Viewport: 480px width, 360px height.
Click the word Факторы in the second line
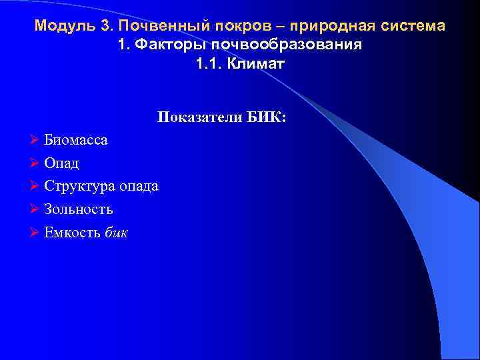(x=165, y=46)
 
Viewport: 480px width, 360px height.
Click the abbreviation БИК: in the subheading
(x=266, y=118)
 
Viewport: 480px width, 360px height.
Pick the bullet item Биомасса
(x=75, y=141)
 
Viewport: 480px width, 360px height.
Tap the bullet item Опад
(x=61, y=163)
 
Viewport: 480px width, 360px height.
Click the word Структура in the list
(x=80, y=187)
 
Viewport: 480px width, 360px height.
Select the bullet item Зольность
(x=78, y=209)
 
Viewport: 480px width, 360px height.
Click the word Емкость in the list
(x=73, y=233)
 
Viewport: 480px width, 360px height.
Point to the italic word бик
(x=117, y=233)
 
